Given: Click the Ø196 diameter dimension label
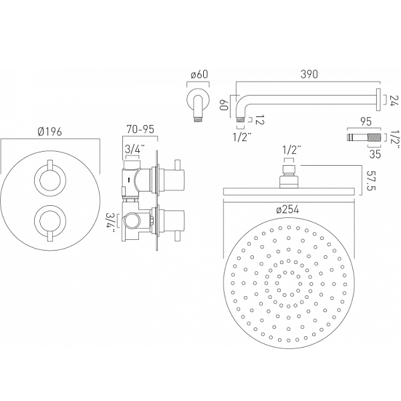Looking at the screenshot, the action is pyautogui.click(x=49, y=132).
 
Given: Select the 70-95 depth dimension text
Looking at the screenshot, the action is pyautogui.click(x=141, y=130).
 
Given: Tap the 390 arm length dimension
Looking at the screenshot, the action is pyautogui.click(x=309, y=74).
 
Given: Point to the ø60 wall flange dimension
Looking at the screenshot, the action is pyautogui.click(x=199, y=75).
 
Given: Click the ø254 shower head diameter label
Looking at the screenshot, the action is pyautogui.click(x=287, y=210).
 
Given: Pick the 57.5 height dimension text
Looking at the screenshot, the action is pyautogui.click(x=371, y=181).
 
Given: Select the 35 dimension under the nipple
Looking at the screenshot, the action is pyautogui.click(x=375, y=154).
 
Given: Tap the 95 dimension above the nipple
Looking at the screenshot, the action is pyautogui.click(x=366, y=122).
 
